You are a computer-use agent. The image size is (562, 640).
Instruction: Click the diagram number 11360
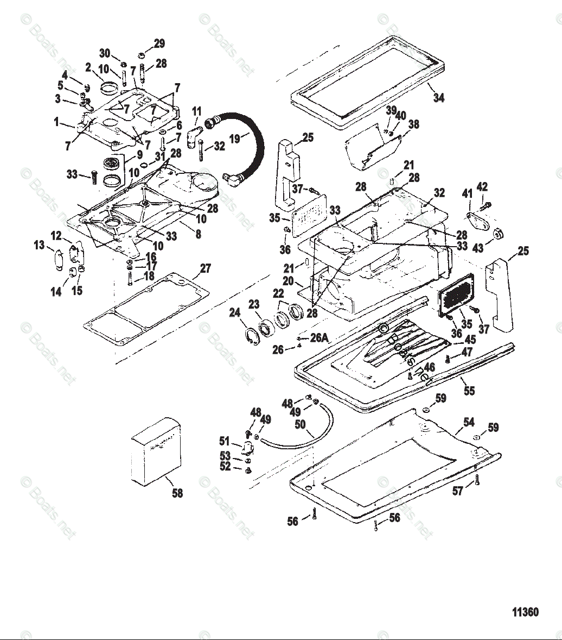tap(525, 612)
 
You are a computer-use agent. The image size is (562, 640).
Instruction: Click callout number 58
tap(177, 493)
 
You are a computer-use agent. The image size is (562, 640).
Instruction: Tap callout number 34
tap(439, 98)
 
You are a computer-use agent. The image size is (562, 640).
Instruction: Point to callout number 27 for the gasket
tap(205, 268)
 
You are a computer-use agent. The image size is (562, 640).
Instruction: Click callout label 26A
tap(319, 337)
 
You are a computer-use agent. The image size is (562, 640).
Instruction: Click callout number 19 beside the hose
tap(234, 139)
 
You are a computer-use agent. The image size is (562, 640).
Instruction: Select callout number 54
tap(469, 422)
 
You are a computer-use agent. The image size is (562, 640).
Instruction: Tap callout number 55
tap(468, 390)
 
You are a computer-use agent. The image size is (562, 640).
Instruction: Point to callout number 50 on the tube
tap(300, 424)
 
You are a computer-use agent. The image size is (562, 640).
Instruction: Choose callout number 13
tap(39, 246)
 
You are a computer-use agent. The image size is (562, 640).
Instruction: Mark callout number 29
tap(159, 43)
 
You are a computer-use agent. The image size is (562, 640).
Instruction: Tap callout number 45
tap(470, 339)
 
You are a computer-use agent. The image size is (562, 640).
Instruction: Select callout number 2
tap(88, 67)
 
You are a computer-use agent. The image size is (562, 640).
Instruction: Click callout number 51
tap(225, 441)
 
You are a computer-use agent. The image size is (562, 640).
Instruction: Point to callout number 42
tap(482, 187)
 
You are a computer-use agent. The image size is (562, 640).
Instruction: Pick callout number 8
tap(199, 234)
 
